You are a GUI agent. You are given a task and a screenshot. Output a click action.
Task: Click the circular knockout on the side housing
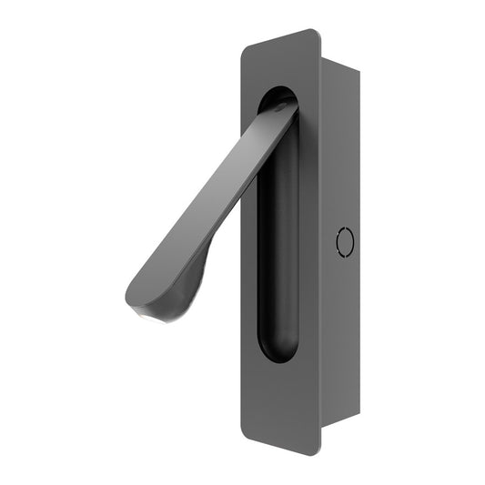click(x=344, y=241)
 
